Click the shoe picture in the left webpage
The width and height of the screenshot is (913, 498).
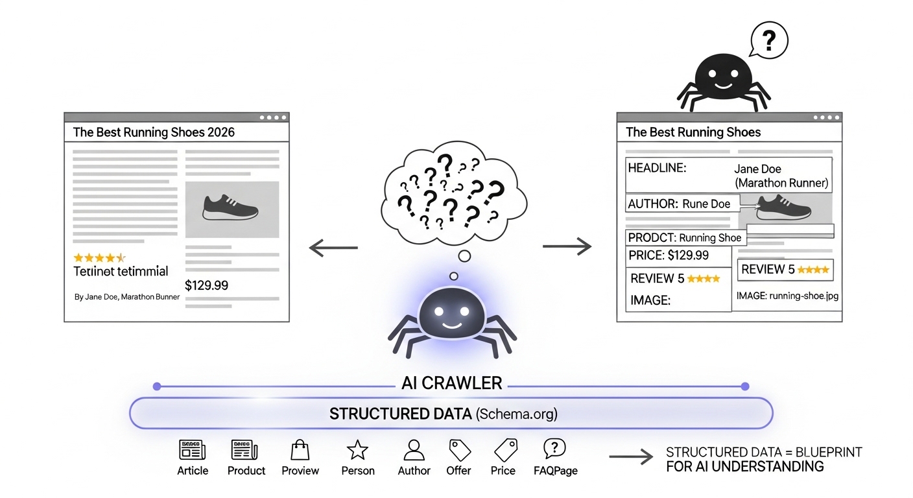coord(231,209)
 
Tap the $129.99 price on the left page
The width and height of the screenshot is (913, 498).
coord(206,285)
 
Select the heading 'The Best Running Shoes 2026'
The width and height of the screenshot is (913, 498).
coord(154,132)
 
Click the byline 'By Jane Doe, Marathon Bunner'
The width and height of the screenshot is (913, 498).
coord(127,297)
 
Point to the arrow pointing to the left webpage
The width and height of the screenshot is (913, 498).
coord(333,247)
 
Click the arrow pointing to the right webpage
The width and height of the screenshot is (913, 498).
coord(567,246)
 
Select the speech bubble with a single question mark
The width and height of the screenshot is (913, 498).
coord(768,41)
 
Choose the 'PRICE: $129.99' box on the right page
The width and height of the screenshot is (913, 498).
coord(669,255)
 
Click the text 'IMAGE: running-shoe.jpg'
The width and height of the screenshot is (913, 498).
coord(788,296)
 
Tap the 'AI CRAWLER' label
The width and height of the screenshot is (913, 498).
coord(451,383)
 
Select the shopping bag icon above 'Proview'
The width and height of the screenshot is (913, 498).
coord(300,450)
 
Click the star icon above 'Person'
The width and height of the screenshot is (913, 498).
coord(357,450)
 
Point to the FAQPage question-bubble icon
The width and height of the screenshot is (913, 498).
coord(555,448)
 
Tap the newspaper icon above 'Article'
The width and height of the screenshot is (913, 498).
coord(193,450)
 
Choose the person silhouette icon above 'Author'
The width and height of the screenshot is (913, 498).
coord(414,450)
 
